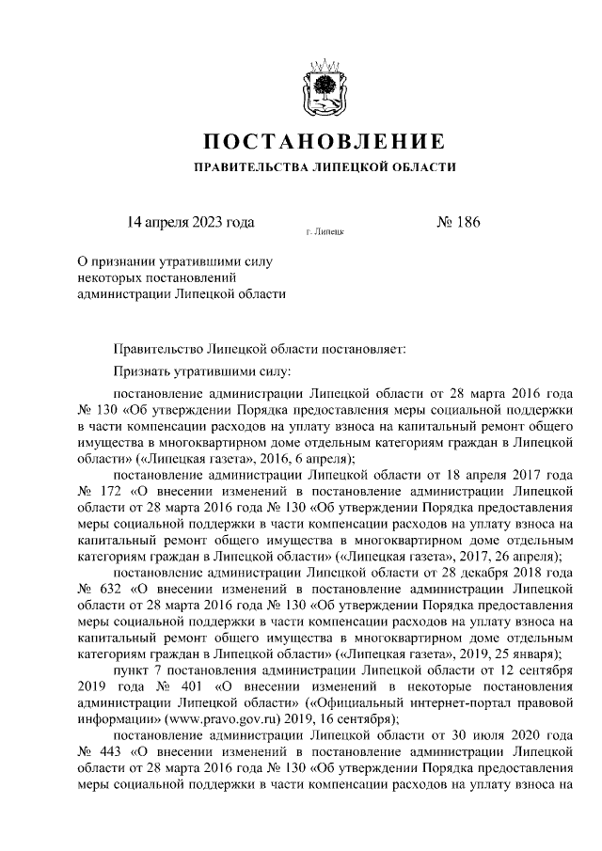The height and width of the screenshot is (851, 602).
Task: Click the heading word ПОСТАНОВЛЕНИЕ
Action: point(324,144)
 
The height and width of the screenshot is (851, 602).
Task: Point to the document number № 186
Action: point(459,223)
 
